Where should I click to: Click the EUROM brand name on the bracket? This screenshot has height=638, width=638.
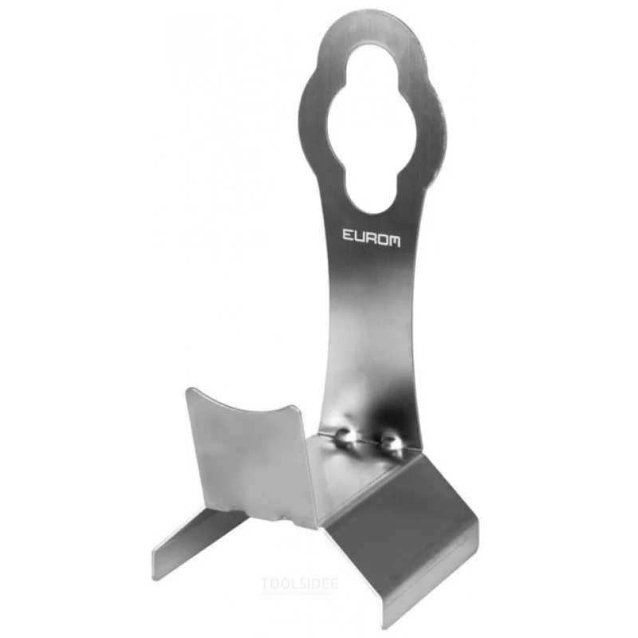point(371,237)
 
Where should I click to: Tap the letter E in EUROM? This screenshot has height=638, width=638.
point(348,235)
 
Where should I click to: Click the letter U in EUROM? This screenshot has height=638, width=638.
point(359,236)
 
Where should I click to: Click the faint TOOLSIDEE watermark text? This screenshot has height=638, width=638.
point(300,584)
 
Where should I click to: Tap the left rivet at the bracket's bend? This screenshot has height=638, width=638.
point(345,437)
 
